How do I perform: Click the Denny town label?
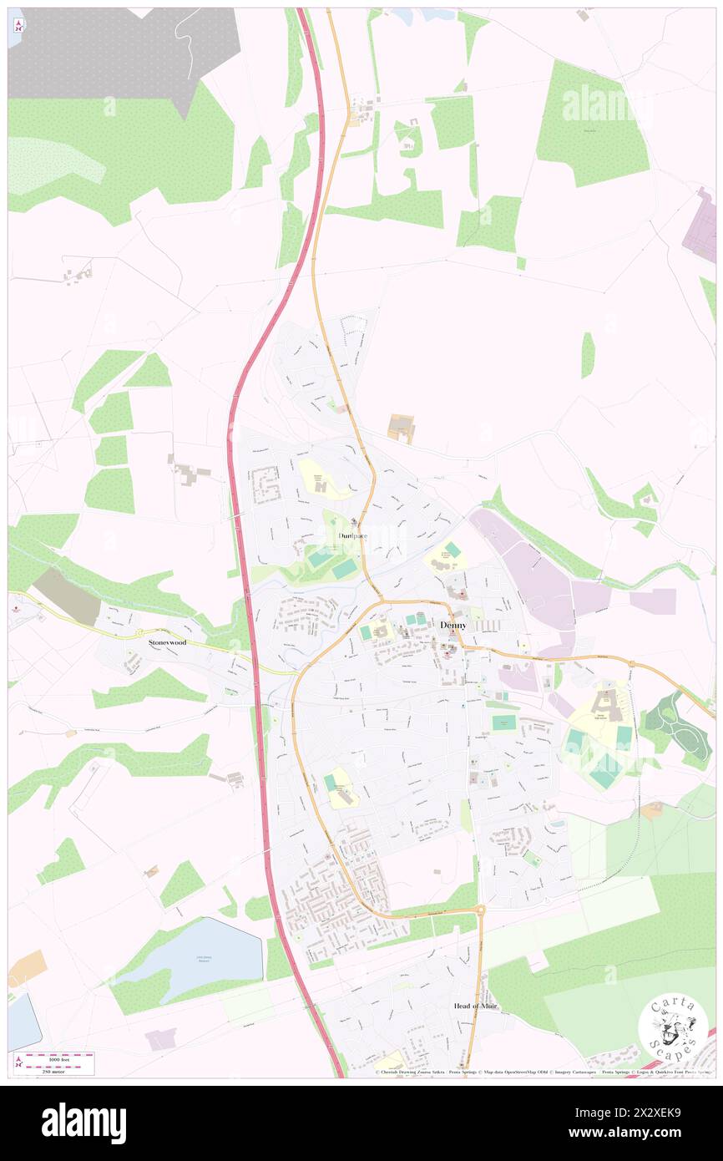pos(453,624)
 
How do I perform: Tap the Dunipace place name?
pos(352,535)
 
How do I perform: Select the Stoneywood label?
pos(167,642)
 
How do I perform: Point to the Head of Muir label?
pos(475,1006)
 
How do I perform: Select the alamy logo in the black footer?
pos(83,1123)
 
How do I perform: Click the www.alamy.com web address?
pos(634,1133)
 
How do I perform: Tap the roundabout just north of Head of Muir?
pos(480,910)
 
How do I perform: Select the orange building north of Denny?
pos(402,428)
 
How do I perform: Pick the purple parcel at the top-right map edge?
pos(701,225)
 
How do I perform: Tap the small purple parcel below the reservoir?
pos(161,1038)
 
